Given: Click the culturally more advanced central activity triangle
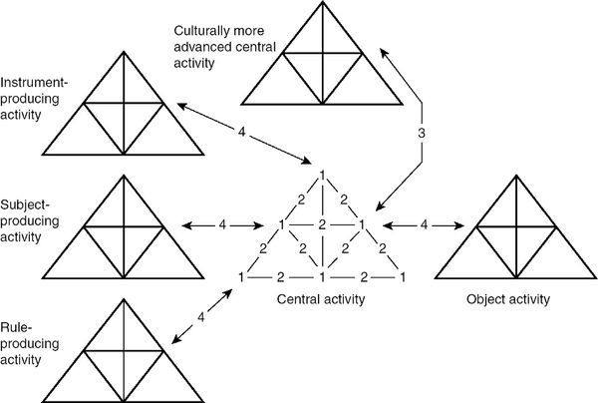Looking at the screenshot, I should click(x=321, y=65).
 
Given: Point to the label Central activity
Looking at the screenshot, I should click(x=321, y=298).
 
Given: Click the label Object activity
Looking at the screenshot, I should click(x=516, y=298).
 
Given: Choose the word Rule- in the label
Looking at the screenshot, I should click(x=17, y=319).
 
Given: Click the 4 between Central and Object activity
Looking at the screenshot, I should click(x=425, y=225).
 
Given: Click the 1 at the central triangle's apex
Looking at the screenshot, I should click(x=322, y=177).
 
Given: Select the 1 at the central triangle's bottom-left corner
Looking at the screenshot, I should click(x=241, y=276).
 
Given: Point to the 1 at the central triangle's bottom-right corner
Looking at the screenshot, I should click(x=403, y=276).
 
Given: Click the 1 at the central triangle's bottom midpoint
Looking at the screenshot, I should click(x=322, y=276).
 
